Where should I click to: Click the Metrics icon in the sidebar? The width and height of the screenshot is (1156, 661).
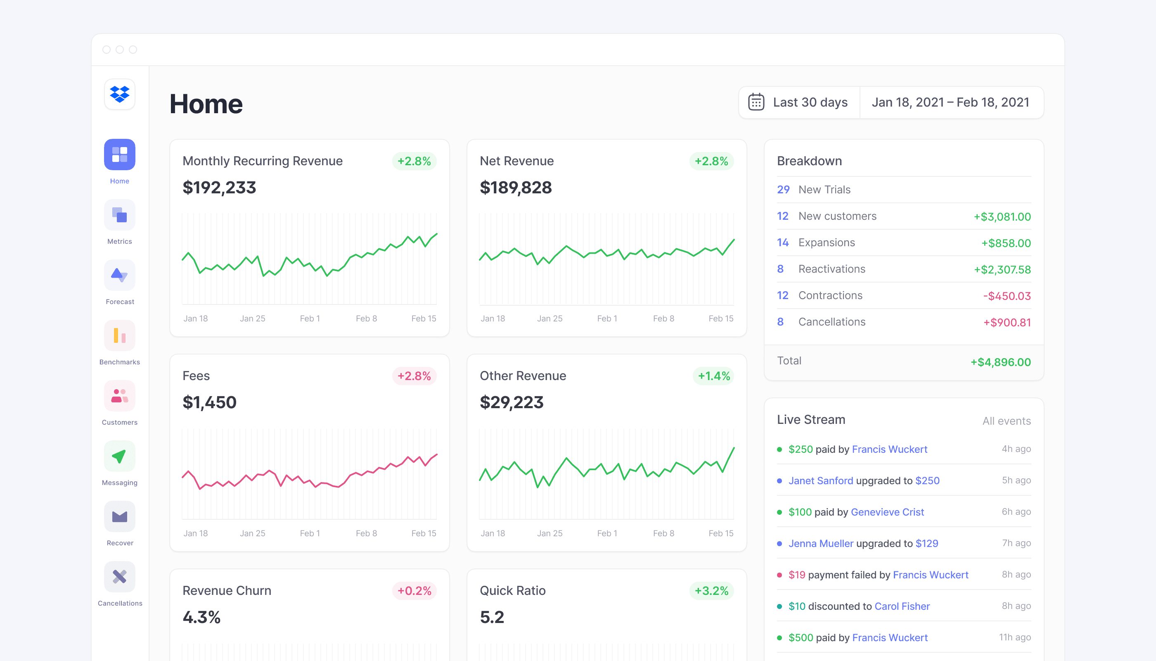[120, 215]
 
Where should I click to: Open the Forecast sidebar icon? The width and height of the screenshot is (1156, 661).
[120, 275]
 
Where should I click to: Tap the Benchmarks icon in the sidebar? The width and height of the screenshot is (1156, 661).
[120, 335]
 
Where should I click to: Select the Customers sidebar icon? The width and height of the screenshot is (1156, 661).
[120, 396]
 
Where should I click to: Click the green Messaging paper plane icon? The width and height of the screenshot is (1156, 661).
[120, 456]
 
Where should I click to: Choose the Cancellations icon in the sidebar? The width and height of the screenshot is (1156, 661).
[120, 577]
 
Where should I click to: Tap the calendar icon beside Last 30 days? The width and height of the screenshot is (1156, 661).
[756, 102]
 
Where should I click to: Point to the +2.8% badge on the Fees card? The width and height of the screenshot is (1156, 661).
[414, 376]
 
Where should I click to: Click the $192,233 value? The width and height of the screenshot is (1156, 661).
[219, 188]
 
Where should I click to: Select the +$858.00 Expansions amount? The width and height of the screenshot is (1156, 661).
[1006, 243]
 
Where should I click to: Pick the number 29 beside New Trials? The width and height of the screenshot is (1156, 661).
[783, 190]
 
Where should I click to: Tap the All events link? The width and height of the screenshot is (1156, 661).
[1007, 421]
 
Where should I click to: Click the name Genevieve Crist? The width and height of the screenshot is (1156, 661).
[887, 512]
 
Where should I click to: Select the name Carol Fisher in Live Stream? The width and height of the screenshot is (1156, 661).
[902, 606]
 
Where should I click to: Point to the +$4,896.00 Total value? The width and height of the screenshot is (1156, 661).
[1001, 362]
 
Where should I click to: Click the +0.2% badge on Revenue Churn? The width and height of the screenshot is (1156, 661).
[414, 591]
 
